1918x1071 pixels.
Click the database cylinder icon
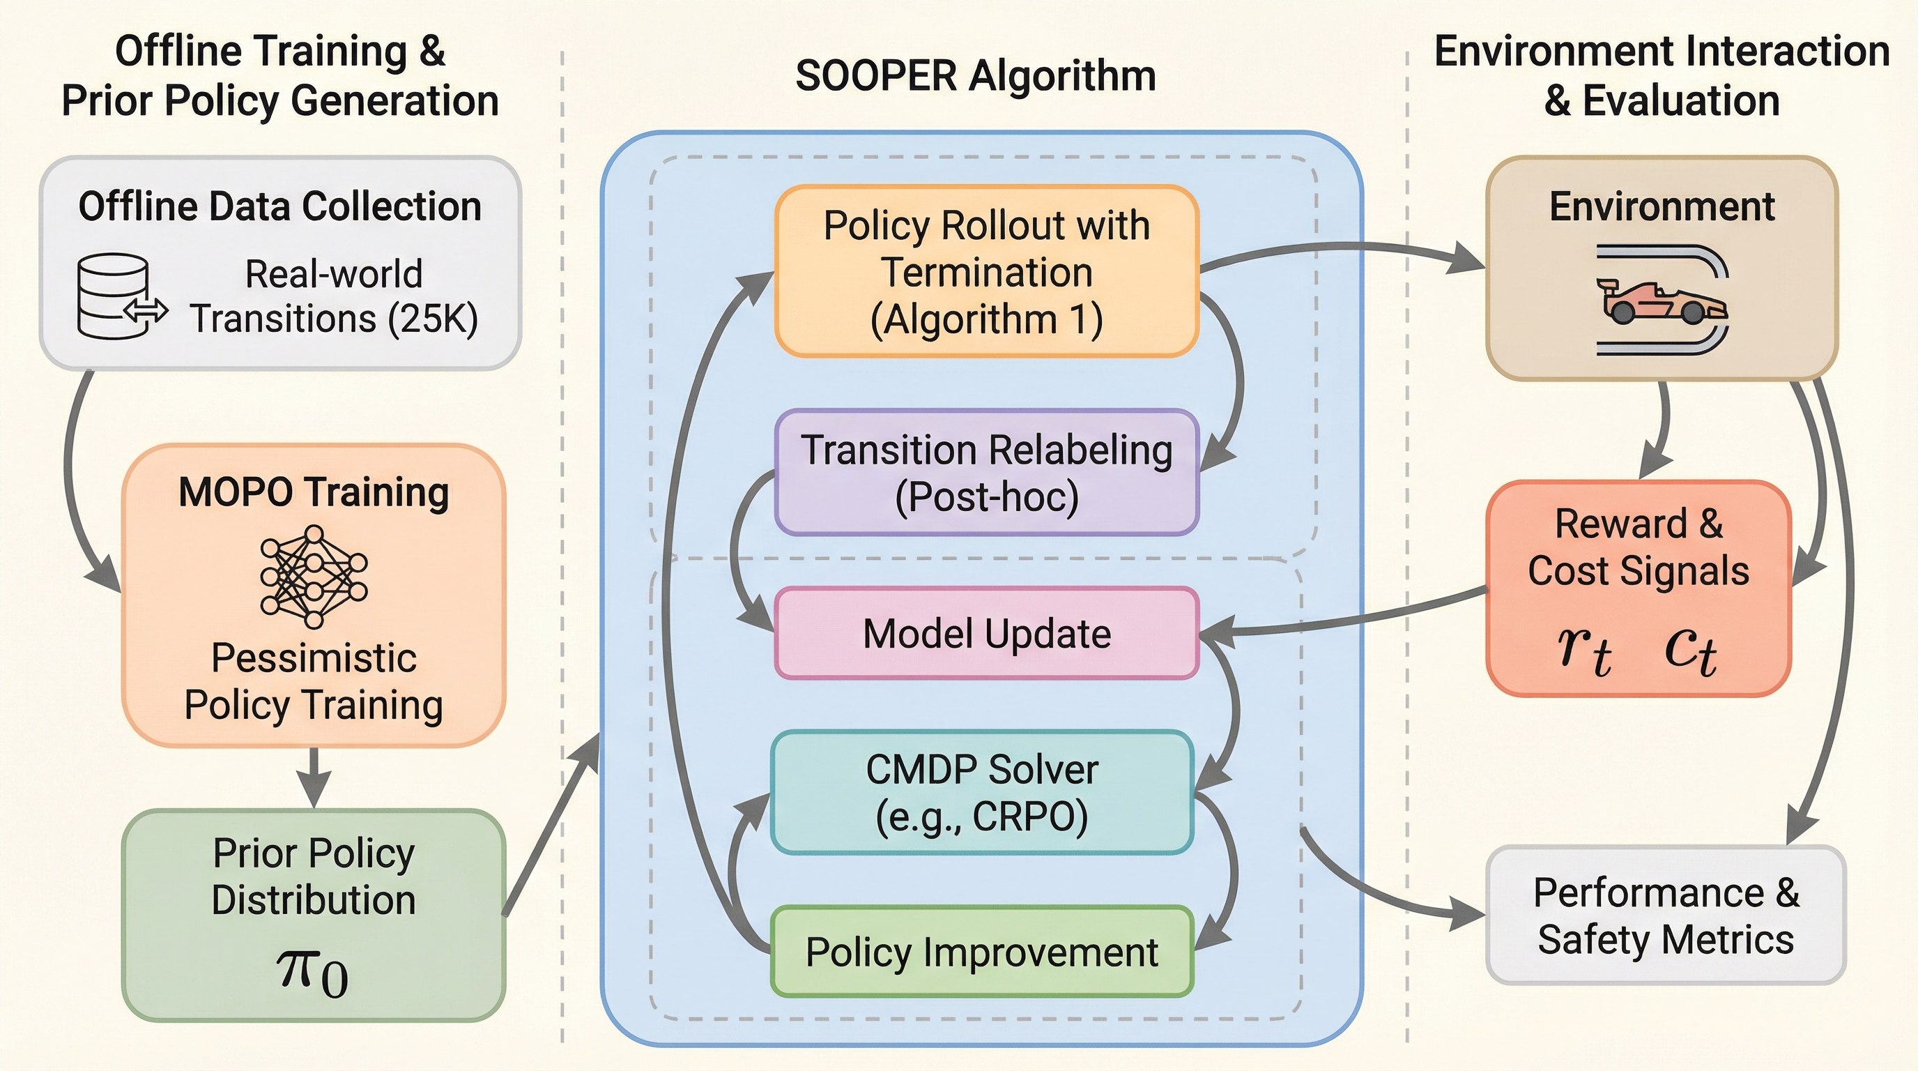point(114,296)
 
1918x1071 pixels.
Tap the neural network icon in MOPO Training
point(314,577)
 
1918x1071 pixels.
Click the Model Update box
point(987,634)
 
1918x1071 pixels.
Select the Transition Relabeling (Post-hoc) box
point(987,473)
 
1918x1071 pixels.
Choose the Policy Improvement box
point(982,952)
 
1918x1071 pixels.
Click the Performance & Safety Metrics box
point(1666,916)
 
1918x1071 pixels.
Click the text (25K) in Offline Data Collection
point(433,319)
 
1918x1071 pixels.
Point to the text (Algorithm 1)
point(987,320)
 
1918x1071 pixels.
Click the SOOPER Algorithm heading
point(976,76)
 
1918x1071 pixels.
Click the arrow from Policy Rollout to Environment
point(1340,250)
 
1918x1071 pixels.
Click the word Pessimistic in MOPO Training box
point(314,658)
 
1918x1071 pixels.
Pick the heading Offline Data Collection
point(280,206)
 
